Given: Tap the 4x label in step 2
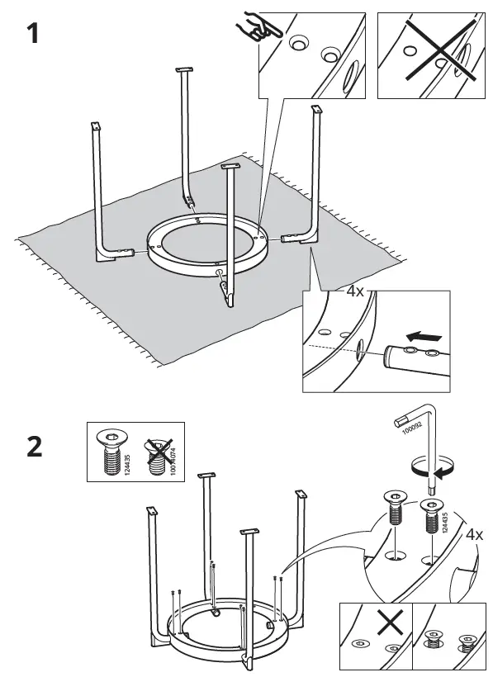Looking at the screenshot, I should coord(473,534).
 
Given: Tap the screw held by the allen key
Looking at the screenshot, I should coord(429,516).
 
